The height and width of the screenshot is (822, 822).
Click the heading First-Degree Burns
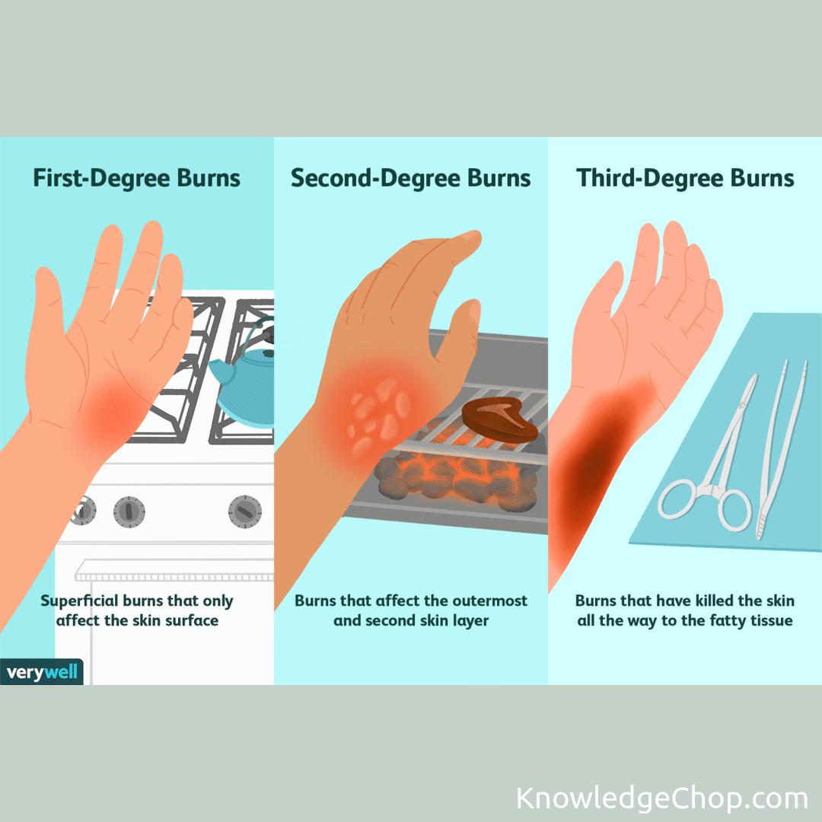[x=137, y=178]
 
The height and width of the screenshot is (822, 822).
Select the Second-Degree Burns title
[x=410, y=178]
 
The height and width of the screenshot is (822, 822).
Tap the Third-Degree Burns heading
[x=685, y=178]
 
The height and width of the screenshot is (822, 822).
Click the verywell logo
[x=42, y=671]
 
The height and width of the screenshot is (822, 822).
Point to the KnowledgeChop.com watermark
[x=662, y=798]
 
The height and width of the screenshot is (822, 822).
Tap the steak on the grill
[x=499, y=420]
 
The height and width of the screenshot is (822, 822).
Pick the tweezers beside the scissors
[x=781, y=451]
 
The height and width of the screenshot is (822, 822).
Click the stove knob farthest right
[x=245, y=511]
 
